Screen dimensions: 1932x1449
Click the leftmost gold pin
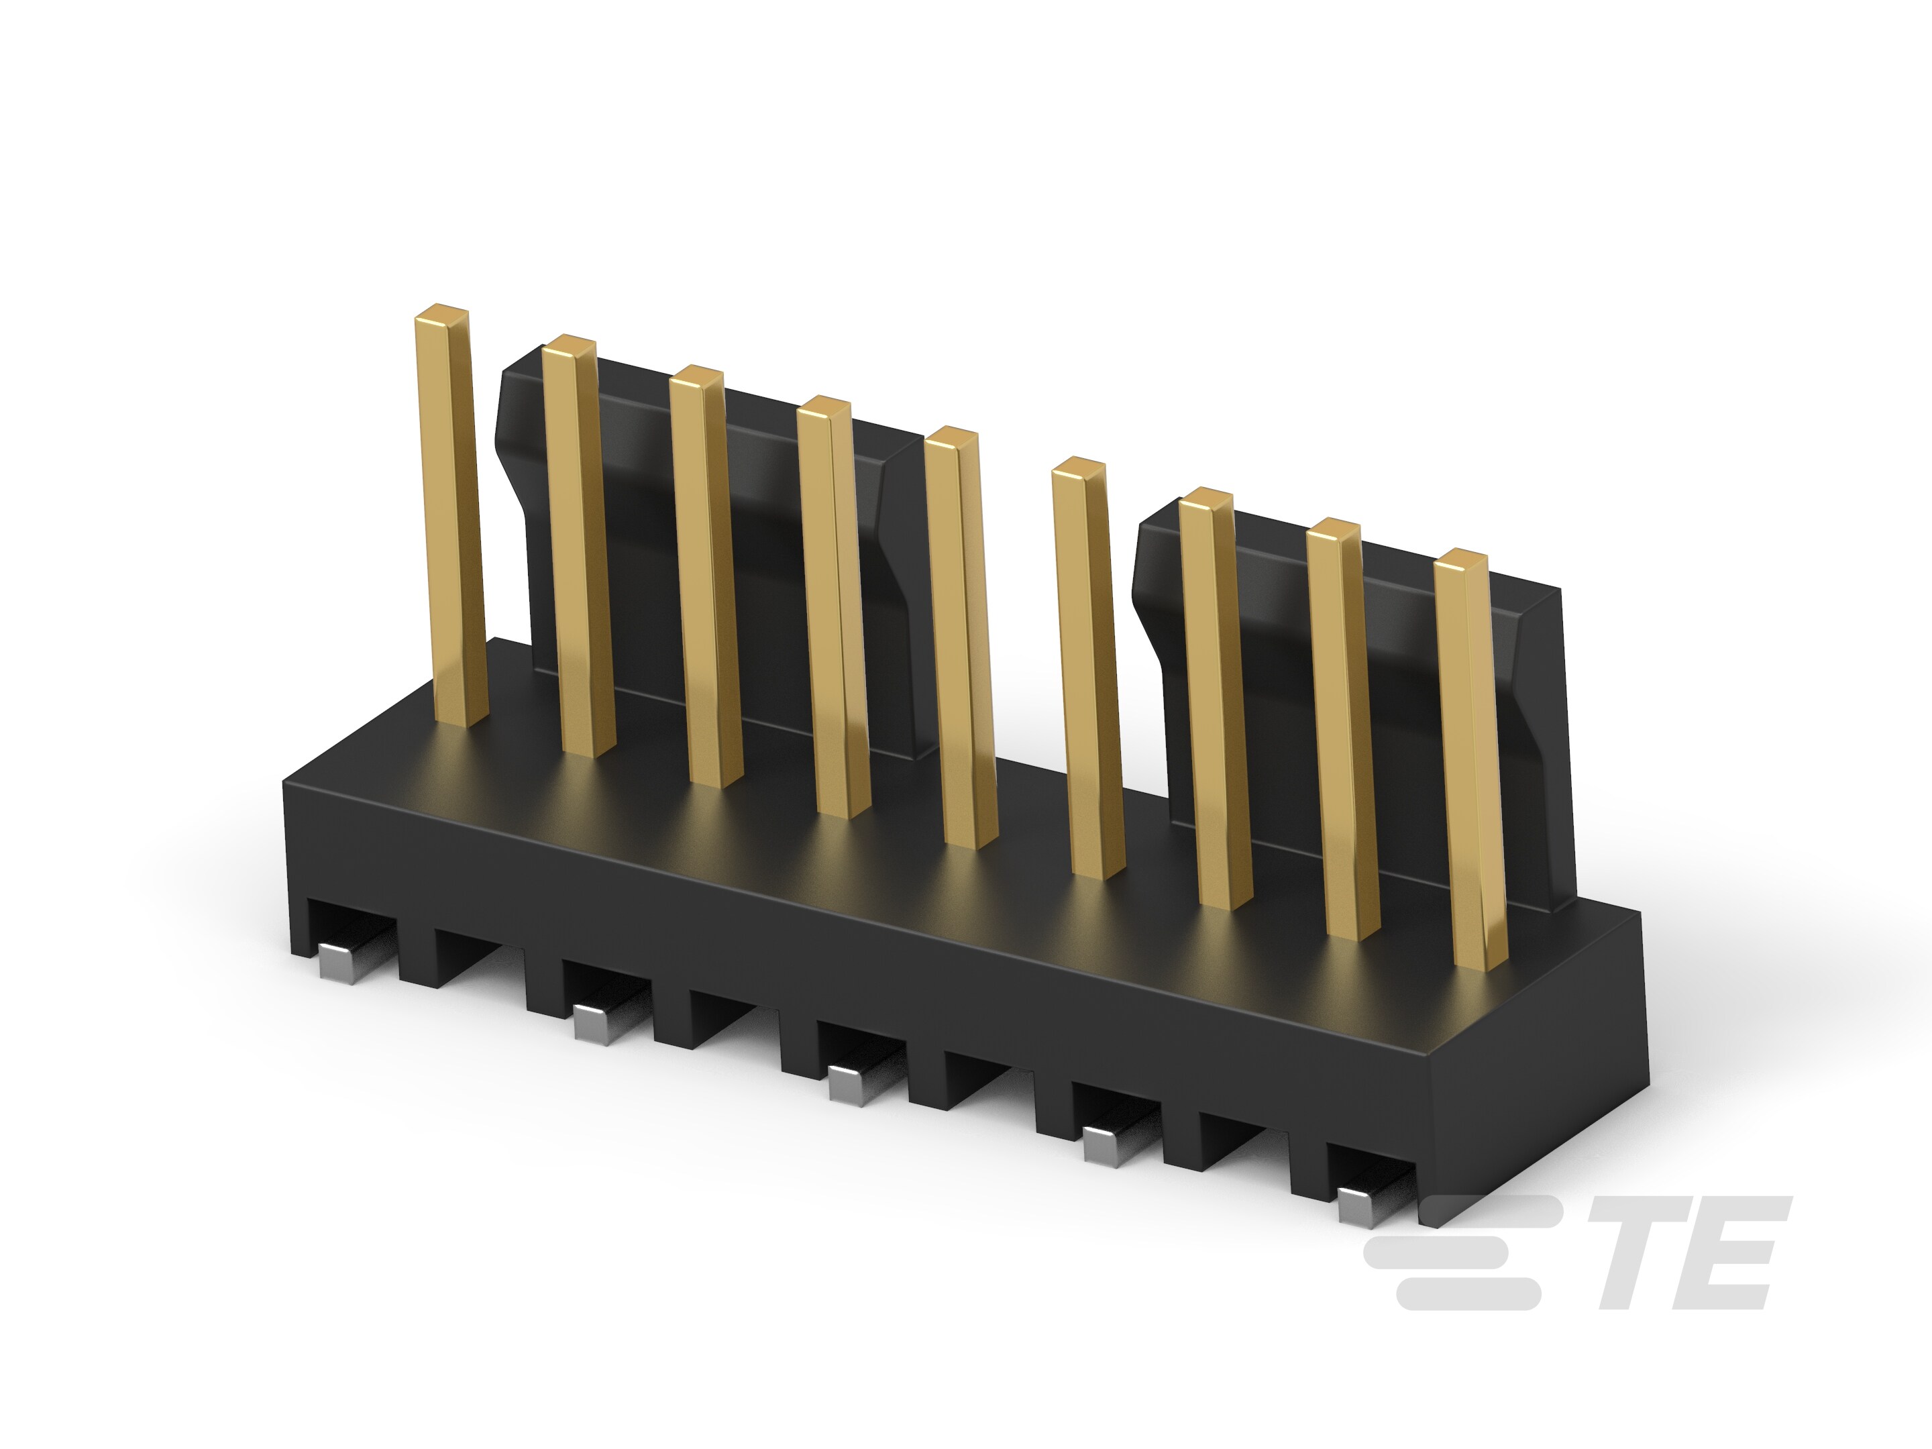tap(450, 515)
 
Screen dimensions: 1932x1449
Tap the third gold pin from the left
tap(706, 576)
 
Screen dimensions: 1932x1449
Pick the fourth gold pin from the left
tap(834, 608)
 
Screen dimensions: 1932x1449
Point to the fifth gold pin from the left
tap(961, 637)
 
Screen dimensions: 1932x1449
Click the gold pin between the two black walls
tap(1088, 668)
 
